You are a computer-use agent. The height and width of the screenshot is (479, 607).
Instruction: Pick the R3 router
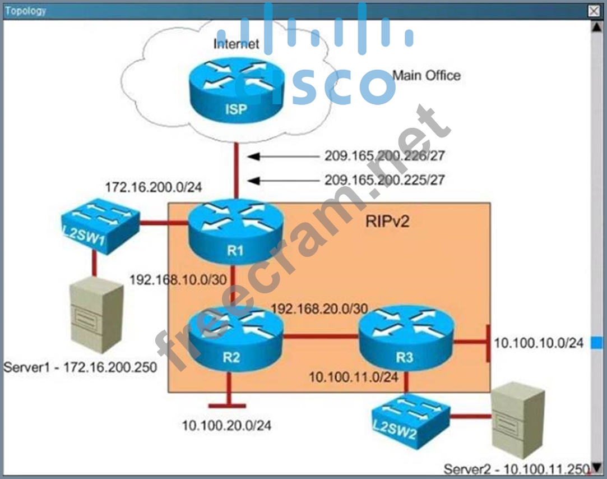point(405,340)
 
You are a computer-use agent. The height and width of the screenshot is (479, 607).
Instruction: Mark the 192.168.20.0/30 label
point(319,308)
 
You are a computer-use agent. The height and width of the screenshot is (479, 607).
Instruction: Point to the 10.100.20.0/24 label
point(226,426)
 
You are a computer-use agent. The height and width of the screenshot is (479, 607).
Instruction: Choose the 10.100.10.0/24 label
point(539,343)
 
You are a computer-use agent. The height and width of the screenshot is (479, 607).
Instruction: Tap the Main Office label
point(426,75)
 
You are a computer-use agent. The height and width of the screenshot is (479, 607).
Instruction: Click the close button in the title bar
point(594,10)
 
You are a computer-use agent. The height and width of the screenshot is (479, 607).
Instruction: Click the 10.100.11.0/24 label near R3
point(354,377)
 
